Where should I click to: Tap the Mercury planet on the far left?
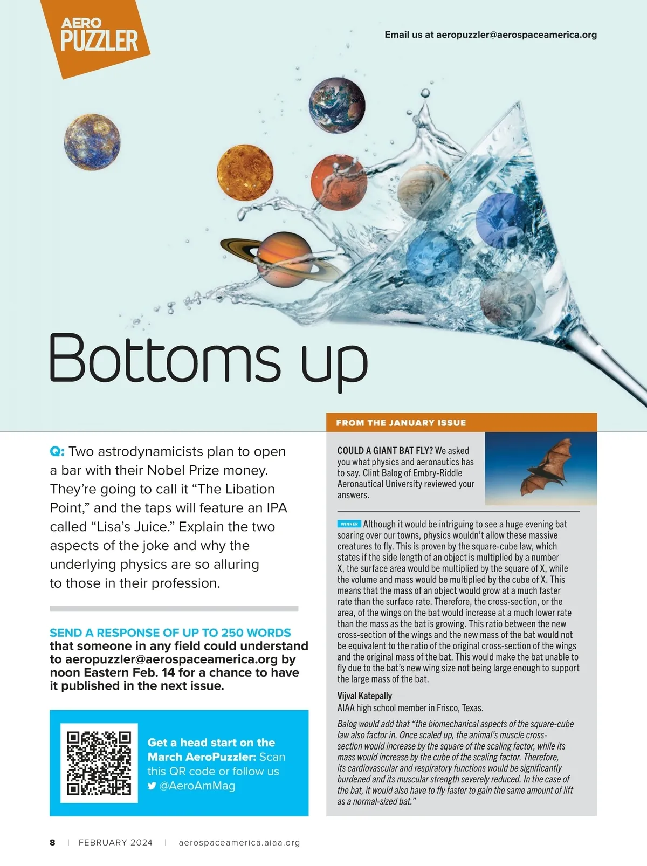tap(92, 142)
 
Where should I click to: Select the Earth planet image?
tap(337, 104)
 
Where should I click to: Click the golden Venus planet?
tap(245, 173)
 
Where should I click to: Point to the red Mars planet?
tap(339, 183)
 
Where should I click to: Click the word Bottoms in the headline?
tap(164, 357)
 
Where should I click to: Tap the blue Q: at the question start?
tap(57, 451)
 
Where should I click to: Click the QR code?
tap(99, 763)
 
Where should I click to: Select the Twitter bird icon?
tap(152, 786)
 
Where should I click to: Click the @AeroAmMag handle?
tap(197, 786)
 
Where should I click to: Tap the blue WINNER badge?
tap(349, 524)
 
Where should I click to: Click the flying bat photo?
tap(541, 468)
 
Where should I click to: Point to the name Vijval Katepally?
tap(364, 696)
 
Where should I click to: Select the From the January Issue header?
tap(401, 423)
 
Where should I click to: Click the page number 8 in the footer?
tap(52, 842)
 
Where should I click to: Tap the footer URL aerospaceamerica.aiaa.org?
tap(239, 842)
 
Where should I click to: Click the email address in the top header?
tap(516, 35)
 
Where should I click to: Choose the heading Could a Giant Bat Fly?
tap(385, 450)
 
